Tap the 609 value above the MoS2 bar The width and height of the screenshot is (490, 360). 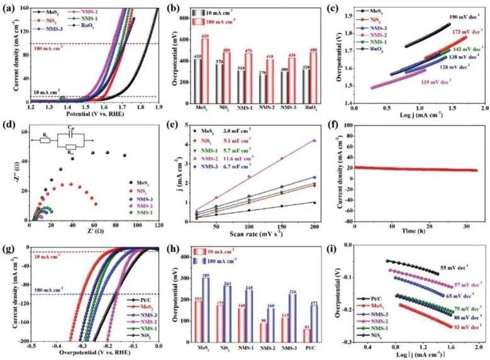tap(206, 37)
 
